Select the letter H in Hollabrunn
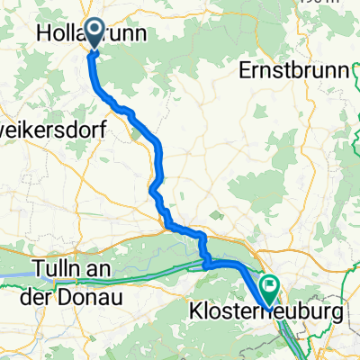(x=44, y=32)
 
